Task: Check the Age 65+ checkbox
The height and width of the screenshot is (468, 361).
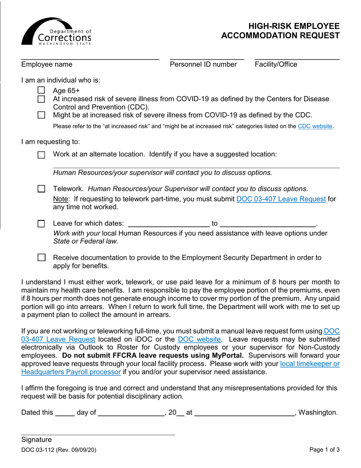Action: (41, 91)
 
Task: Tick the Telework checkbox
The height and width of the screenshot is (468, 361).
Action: (41, 189)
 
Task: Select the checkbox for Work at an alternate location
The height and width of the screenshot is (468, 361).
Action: (41, 155)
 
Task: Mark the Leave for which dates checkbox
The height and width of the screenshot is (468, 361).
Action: (41, 224)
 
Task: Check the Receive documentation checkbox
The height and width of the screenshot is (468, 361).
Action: (41, 258)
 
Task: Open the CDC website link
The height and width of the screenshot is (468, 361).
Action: (315, 126)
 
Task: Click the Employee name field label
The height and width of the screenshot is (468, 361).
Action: (47, 65)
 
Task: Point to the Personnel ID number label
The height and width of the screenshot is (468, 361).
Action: (203, 65)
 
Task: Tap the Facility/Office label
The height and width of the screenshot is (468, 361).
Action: (276, 65)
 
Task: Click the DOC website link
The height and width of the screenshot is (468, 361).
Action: (199, 339)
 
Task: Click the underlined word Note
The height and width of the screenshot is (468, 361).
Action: (61, 199)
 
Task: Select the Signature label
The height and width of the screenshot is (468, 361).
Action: (36, 440)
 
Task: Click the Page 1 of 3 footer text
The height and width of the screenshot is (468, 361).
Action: (325, 450)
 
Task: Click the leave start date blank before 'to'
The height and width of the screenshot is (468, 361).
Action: (169, 223)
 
